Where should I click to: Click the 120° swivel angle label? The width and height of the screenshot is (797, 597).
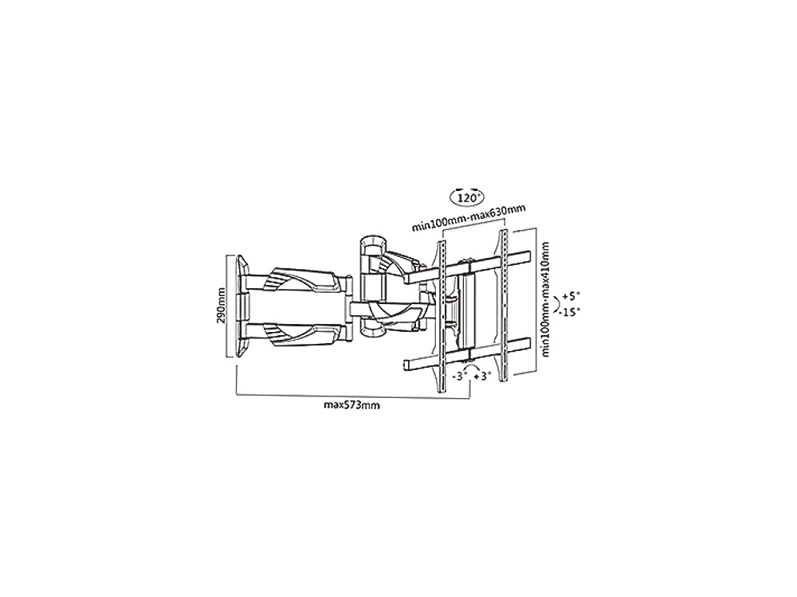(468, 197)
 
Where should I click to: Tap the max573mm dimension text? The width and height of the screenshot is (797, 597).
(351, 405)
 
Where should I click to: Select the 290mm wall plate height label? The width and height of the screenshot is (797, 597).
(220, 308)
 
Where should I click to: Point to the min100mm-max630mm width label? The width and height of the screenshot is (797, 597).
(468, 219)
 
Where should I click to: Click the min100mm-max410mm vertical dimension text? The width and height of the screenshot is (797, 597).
(545, 299)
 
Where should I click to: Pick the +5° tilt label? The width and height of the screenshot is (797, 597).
(571, 297)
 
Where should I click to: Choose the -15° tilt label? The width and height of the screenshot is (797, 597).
(569, 312)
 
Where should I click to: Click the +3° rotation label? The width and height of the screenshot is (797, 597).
(482, 377)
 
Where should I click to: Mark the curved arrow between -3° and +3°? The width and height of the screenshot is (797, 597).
(471, 365)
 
